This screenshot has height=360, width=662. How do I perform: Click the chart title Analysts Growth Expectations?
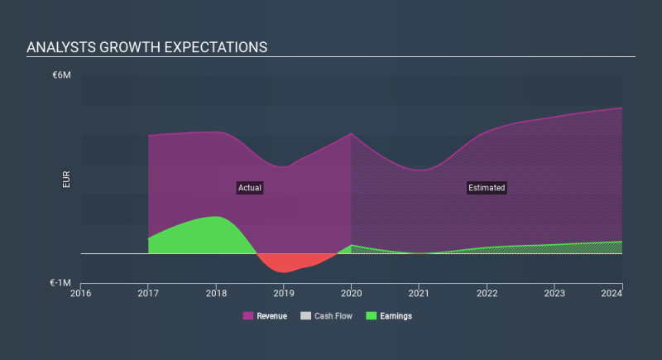(x=146, y=47)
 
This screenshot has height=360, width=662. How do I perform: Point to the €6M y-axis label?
(x=62, y=75)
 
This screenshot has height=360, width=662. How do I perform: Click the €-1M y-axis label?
(x=60, y=282)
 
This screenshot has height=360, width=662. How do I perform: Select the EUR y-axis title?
(x=66, y=180)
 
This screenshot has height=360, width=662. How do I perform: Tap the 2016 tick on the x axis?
(x=81, y=293)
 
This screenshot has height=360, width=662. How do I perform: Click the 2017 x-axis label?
(x=149, y=293)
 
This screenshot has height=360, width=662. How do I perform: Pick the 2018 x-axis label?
(x=216, y=293)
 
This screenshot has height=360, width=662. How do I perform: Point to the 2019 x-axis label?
(x=284, y=293)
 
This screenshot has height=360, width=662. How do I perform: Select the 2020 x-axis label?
(x=352, y=293)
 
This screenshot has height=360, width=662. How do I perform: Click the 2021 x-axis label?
(x=419, y=293)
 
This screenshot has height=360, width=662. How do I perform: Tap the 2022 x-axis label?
(x=487, y=293)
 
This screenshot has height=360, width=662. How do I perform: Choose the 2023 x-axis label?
(x=554, y=293)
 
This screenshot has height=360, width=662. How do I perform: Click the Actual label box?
(x=249, y=188)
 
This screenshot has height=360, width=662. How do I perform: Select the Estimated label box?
(x=486, y=188)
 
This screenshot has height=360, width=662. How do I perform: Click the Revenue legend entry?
(x=265, y=316)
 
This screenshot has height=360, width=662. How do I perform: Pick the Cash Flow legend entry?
(x=328, y=316)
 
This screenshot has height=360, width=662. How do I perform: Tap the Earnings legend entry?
(x=389, y=316)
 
